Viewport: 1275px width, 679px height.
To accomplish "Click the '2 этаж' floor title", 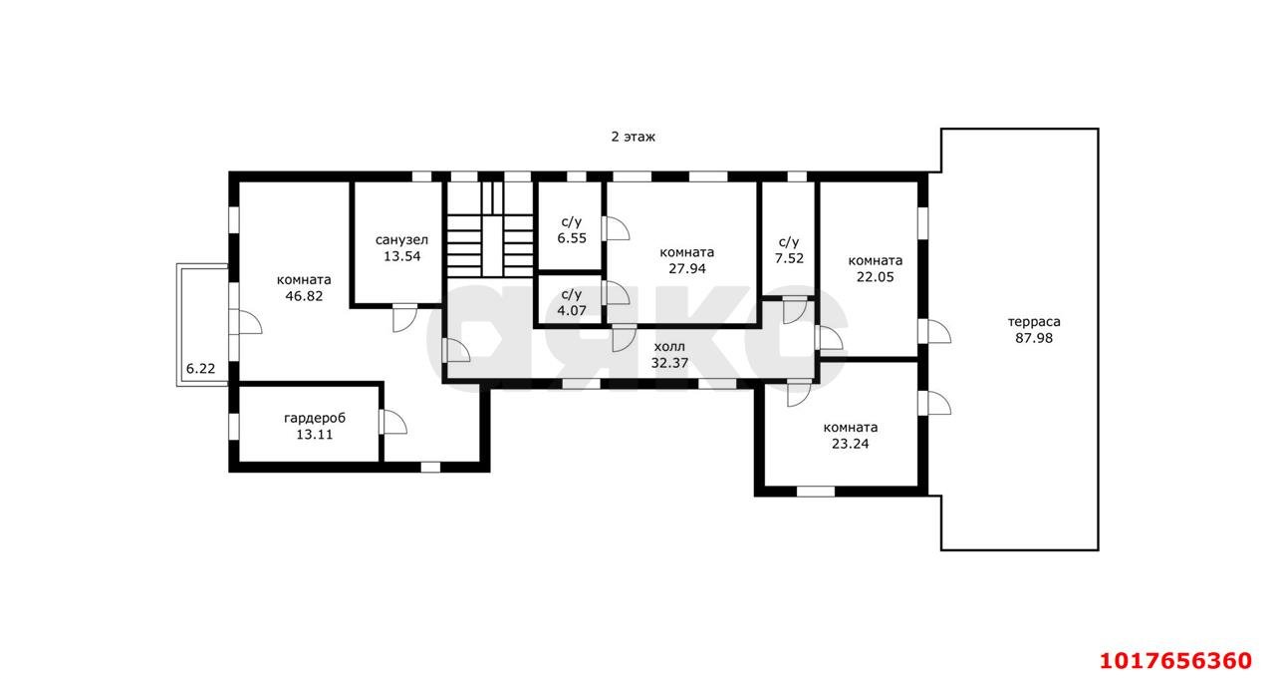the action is pyautogui.click(x=633, y=137).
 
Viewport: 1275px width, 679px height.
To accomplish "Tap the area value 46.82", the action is pyautogui.click(x=304, y=296).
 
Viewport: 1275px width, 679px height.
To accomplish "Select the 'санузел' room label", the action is pyautogui.click(x=401, y=240).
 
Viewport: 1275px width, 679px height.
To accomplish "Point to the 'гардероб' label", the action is pyautogui.click(x=315, y=418).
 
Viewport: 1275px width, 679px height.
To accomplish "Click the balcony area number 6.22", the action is pyautogui.click(x=201, y=369).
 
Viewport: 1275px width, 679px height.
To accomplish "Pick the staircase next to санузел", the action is pyautogui.click(x=489, y=229).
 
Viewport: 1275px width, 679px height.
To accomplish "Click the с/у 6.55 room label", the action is pyautogui.click(x=572, y=230).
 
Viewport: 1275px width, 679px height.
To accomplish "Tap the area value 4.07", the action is pyautogui.click(x=572, y=310).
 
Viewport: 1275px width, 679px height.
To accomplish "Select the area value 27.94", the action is pyautogui.click(x=687, y=268).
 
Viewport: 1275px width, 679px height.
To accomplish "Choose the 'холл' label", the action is pyautogui.click(x=669, y=346).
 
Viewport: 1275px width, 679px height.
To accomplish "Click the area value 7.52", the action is pyautogui.click(x=789, y=258).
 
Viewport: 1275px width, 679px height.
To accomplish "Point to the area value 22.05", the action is pyautogui.click(x=876, y=277).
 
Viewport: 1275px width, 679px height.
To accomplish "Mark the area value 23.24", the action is pyautogui.click(x=851, y=444).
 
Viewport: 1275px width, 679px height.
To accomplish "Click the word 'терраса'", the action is pyautogui.click(x=1034, y=322).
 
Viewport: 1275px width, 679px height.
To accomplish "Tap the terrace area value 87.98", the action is pyautogui.click(x=1034, y=338).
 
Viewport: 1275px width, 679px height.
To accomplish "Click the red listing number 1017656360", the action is pyautogui.click(x=1176, y=661).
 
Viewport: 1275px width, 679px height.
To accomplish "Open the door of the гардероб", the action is pyautogui.click(x=392, y=422).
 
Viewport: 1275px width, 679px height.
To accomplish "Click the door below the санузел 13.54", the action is pyautogui.click(x=404, y=318).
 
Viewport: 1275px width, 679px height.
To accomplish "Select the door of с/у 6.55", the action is pyautogui.click(x=616, y=228).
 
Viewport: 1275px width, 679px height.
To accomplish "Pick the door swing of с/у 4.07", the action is pyautogui.click(x=616, y=293).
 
